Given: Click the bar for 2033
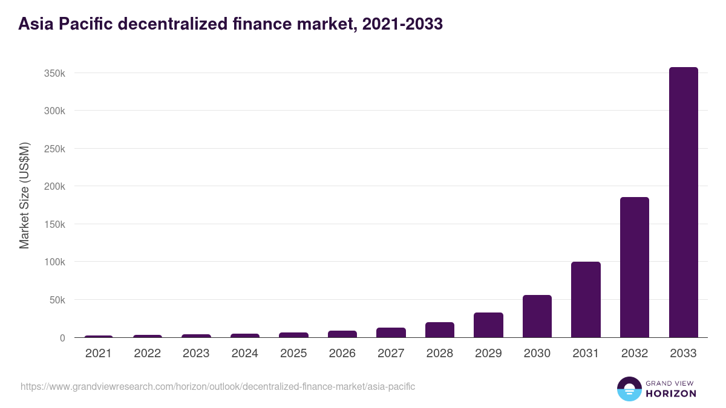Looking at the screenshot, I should click(683, 202).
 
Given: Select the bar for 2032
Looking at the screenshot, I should click(635, 267).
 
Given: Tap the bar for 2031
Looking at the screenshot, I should click(586, 300).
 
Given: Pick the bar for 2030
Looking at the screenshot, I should click(537, 316).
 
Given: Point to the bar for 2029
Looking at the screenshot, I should click(488, 325).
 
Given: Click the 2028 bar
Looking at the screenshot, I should click(440, 330).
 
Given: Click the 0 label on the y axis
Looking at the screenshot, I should click(62, 338).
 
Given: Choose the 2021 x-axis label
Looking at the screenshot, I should click(99, 354).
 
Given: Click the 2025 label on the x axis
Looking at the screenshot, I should click(293, 354).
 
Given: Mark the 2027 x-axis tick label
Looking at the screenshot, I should click(391, 354).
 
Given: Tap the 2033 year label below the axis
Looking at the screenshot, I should click(683, 354).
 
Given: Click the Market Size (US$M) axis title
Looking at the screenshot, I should click(24, 195).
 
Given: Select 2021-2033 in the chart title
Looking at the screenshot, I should click(402, 24).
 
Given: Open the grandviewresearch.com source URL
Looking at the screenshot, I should click(218, 386).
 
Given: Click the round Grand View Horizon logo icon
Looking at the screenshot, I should click(629, 389).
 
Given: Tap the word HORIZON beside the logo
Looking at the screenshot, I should click(671, 393).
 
